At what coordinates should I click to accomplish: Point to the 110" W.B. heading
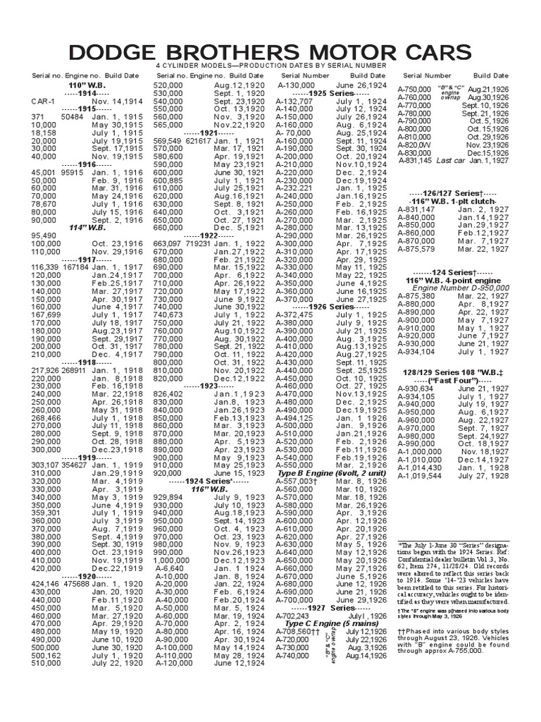(83, 85)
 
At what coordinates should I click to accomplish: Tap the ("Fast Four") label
(456, 380)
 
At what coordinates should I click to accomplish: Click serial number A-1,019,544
(421, 475)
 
